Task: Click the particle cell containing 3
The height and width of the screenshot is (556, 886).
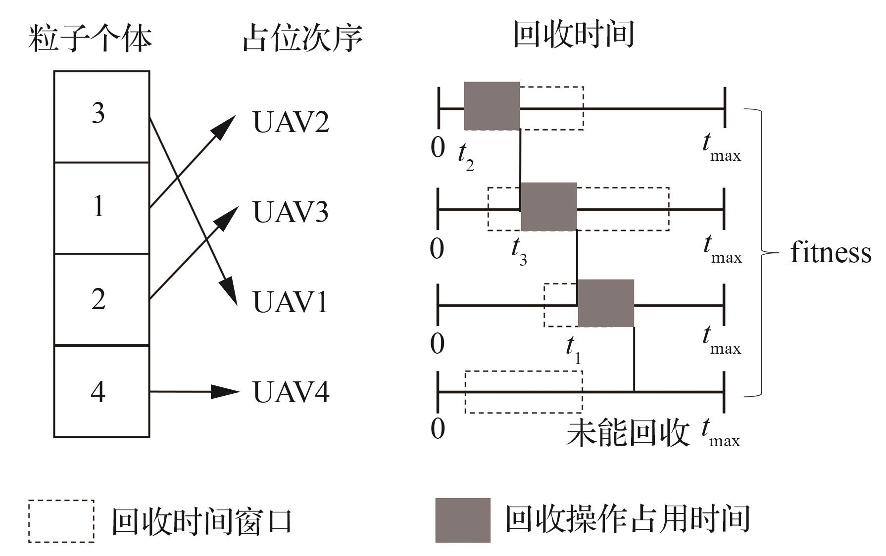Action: click(x=101, y=116)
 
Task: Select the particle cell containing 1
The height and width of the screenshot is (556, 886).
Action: click(x=101, y=208)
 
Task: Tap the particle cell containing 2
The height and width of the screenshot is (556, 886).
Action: click(x=101, y=299)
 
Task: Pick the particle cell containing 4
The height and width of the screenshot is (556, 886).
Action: click(x=101, y=391)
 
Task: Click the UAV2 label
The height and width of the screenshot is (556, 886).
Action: click(x=291, y=122)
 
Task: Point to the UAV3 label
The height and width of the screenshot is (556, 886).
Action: click(x=291, y=212)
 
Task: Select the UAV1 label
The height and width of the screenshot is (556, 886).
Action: click(x=291, y=302)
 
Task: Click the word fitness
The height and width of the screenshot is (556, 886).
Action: click(x=830, y=253)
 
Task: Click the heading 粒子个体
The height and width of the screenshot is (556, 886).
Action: click(x=90, y=38)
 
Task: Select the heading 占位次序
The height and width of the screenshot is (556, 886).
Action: click(x=302, y=38)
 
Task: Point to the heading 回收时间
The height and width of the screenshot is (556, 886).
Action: click(x=573, y=35)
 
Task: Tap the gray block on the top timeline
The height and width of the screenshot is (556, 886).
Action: click(x=492, y=106)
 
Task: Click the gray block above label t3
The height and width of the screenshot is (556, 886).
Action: click(x=548, y=207)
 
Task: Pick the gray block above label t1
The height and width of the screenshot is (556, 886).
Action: click(x=606, y=303)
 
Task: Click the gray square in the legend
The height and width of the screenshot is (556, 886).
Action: click(x=463, y=520)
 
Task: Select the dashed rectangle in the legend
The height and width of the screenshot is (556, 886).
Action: click(x=61, y=521)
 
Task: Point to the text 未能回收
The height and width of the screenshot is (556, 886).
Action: click(x=627, y=434)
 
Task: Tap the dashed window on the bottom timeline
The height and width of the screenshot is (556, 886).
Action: click(x=523, y=392)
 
